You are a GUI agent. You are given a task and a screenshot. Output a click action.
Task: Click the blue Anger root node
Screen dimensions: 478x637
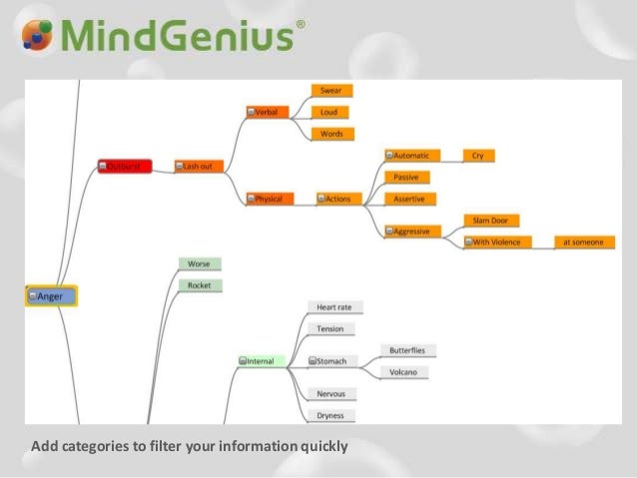tap(51, 295)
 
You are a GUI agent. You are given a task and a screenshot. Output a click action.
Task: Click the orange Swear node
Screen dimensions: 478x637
tap(332, 91)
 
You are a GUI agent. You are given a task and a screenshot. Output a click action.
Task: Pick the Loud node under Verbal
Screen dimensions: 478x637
tap(332, 112)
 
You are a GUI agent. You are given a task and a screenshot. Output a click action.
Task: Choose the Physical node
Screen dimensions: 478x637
tap(268, 199)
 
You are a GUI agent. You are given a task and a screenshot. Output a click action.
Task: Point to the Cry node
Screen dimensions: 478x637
tap(478, 156)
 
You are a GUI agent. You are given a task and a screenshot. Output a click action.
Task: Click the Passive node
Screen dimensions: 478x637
tap(407, 177)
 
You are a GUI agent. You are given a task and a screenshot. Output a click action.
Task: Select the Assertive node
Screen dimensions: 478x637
tap(410, 199)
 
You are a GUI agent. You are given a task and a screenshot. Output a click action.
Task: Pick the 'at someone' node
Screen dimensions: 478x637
tap(582, 241)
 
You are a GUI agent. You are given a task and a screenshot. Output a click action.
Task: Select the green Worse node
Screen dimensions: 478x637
tap(200, 263)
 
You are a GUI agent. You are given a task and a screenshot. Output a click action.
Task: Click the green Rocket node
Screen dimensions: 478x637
tap(200, 285)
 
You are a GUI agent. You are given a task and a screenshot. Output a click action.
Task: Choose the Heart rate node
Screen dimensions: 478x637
tap(333, 307)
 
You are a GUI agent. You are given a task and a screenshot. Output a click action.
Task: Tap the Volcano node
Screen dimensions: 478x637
tap(404, 372)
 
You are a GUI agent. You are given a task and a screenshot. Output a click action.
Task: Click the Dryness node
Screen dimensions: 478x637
tap(330, 415)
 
